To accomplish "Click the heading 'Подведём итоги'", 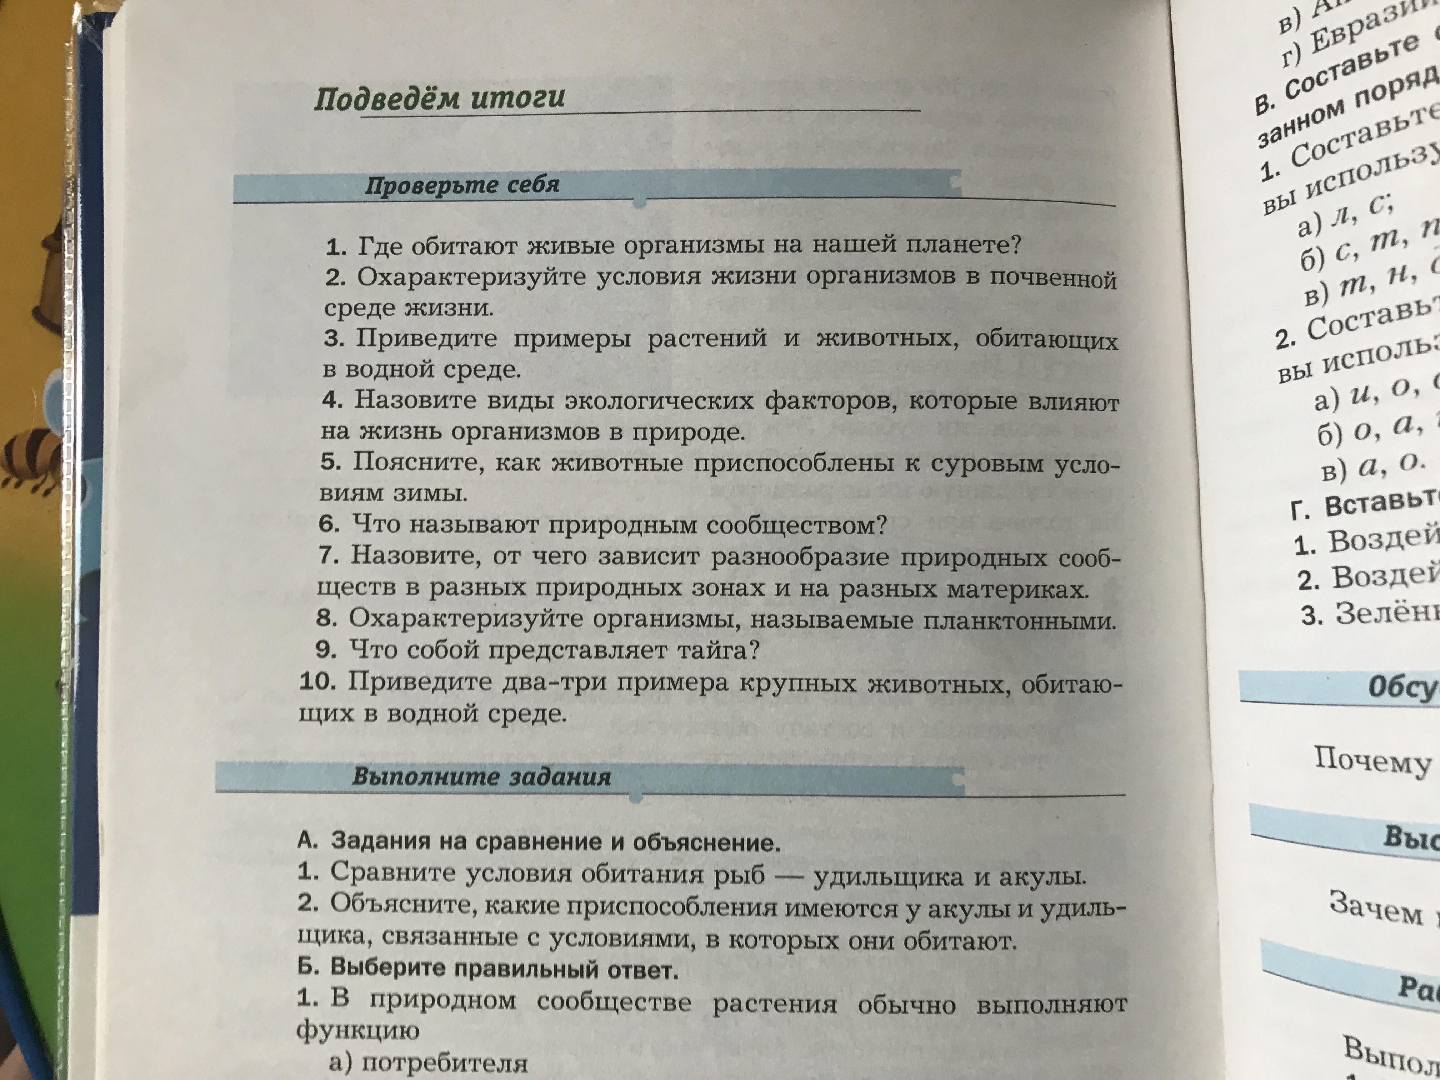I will tap(439, 99).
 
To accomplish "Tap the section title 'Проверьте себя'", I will tap(462, 185).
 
